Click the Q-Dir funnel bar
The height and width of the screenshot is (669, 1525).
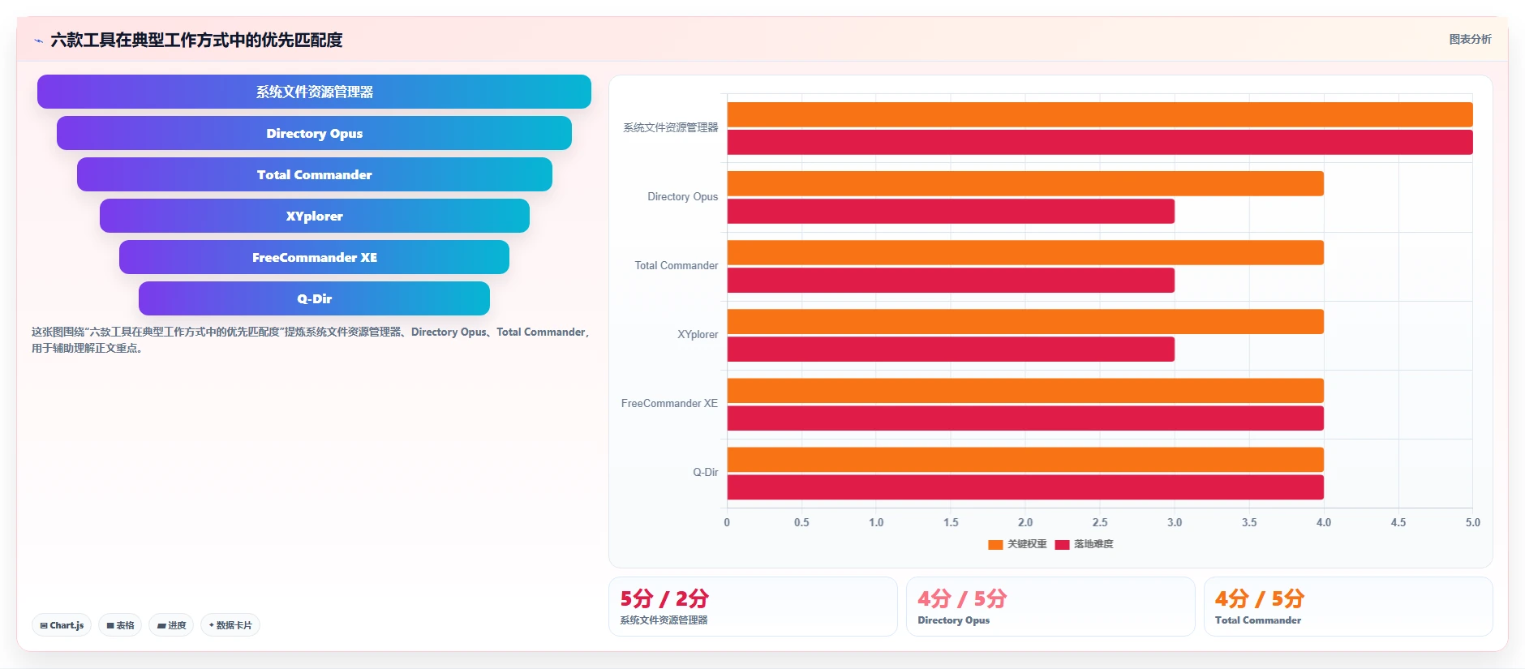[314, 298]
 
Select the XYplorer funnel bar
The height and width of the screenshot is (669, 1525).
[315, 216]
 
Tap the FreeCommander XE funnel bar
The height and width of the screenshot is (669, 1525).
[314, 257]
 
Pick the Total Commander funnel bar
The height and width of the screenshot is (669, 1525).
[315, 174]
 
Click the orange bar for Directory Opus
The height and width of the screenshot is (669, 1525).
[1025, 183]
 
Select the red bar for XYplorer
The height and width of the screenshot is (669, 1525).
[951, 350]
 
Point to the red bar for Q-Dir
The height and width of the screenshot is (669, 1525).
[1025, 487]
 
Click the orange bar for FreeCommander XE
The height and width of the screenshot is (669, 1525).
[1025, 391]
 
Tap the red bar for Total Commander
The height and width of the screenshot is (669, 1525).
[951, 281]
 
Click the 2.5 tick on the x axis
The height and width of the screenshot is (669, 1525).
[1100, 522]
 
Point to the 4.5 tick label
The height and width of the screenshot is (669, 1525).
[1398, 522]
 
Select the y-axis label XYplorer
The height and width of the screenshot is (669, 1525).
[698, 334]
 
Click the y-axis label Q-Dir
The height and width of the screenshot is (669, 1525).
[705, 472]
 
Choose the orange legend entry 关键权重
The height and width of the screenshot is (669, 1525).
[1017, 544]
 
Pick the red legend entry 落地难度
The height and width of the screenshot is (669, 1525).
[1085, 544]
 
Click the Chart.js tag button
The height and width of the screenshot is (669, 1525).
[62, 625]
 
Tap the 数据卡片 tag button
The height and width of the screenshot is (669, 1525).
[230, 625]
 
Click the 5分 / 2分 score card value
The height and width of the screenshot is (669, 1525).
[664, 598]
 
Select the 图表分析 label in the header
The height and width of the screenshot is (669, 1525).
[1470, 39]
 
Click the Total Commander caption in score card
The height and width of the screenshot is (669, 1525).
[1258, 620]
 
